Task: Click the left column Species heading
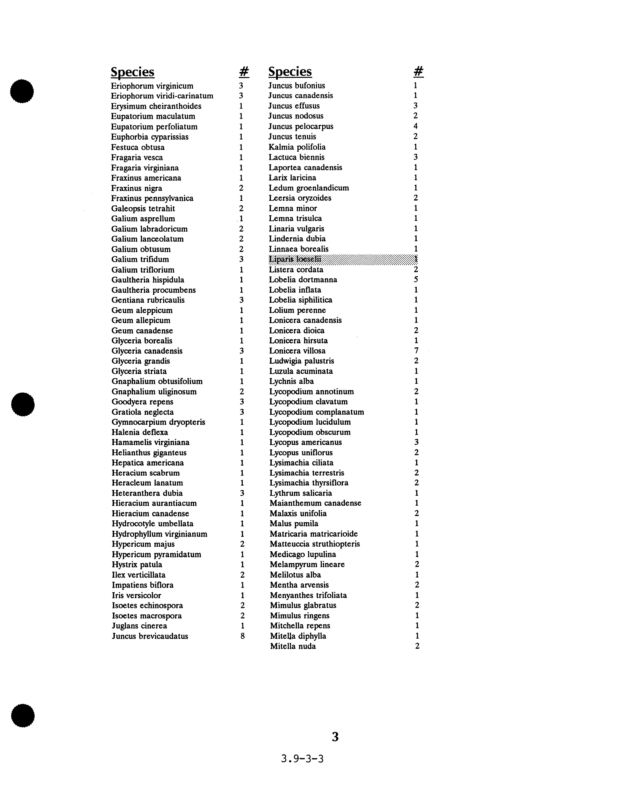point(132,72)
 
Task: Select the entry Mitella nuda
point(293,646)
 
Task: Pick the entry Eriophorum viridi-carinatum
point(162,96)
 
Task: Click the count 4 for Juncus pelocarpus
point(416,126)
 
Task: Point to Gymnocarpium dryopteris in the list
point(158,422)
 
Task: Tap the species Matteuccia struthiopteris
point(315,544)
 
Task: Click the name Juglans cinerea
point(139,626)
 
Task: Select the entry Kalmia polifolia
point(297,147)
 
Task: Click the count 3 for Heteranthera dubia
point(242,493)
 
